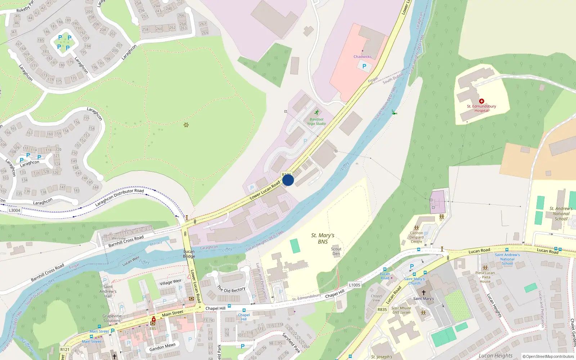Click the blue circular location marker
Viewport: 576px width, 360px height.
(x=288, y=180)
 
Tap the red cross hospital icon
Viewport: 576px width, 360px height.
(x=481, y=101)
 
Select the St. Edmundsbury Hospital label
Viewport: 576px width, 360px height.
(x=481, y=108)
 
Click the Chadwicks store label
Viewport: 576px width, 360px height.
(x=362, y=57)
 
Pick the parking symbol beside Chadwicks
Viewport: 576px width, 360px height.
(x=364, y=66)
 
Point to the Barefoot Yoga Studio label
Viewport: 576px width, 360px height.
(x=316, y=121)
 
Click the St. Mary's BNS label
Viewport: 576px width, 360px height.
(x=323, y=238)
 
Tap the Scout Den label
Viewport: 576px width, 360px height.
(x=336, y=251)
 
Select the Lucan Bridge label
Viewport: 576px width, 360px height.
(x=189, y=254)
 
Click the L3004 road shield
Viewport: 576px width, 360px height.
(x=14, y=210)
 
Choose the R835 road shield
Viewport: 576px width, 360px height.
(x=382, y=310)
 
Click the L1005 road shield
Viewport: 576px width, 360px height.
(x=354, y=285)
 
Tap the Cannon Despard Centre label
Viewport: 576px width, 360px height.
(x=417, y=237)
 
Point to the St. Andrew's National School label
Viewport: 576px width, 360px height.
(x=561, y=213)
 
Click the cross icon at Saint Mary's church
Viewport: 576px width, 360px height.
(x=423, y=293)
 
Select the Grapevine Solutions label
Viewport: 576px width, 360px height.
(x=112, y=318)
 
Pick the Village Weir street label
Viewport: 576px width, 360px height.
(x=171, y=282)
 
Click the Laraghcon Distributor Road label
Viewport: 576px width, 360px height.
(x=120, y=197)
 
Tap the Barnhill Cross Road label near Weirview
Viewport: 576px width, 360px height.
(x=126, y=241)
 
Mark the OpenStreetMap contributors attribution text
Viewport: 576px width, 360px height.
(x=548, y=356)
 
